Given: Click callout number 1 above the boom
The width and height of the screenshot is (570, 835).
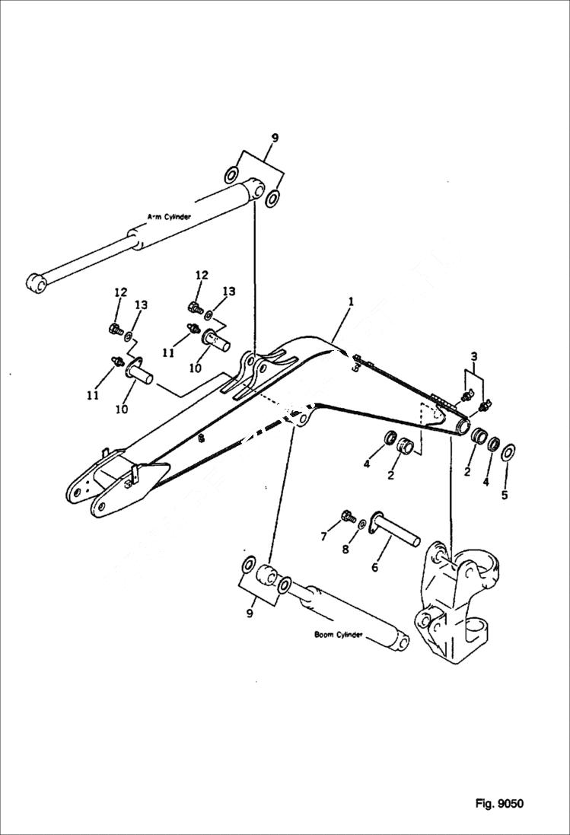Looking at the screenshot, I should pos(350,302).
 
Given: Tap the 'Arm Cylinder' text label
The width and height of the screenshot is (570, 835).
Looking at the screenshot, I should pos(168,217).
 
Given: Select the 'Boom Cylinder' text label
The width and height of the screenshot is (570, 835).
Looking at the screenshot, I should pos(339,633).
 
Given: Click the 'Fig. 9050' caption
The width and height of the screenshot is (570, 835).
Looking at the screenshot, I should pos(498,804).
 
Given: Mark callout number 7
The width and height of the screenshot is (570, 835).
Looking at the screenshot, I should pos(324,537).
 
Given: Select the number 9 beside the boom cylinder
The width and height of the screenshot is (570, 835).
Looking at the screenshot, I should pos(250,614).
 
